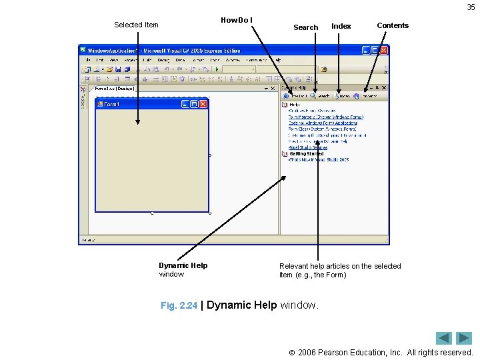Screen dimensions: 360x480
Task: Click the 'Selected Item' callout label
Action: [x=136, y=25]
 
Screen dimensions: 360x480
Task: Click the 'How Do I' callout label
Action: [x=237, y=20]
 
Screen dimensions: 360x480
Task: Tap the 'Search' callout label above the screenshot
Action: [x=305, y=27]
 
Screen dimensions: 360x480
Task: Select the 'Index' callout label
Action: [x=341, y=26]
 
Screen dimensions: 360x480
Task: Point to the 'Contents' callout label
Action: [x=393, y=25]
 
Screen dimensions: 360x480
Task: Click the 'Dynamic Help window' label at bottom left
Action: [x=183, y=269]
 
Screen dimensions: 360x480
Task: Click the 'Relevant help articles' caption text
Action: [x=340, y=270]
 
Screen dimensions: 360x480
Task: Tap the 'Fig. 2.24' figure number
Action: [x=179, y=305]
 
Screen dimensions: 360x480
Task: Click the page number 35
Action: [x=471, y=7]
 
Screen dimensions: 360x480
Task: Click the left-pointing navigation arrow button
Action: [x=444, y=338]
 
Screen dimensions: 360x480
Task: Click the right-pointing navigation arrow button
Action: [x=464, y=338]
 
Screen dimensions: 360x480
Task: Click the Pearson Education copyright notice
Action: [x=385, y=352]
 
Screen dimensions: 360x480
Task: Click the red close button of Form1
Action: [x=203, y=104]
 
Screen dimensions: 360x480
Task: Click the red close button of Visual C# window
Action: [x=383, y=50]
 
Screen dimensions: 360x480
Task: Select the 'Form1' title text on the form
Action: [x=111, y=105]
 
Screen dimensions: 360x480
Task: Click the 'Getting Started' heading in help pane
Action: [x=306, y=154]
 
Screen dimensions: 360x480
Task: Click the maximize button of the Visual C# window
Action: [x=375, y=50]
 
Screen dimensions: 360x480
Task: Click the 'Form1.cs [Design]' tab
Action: [x=115, y=88]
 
